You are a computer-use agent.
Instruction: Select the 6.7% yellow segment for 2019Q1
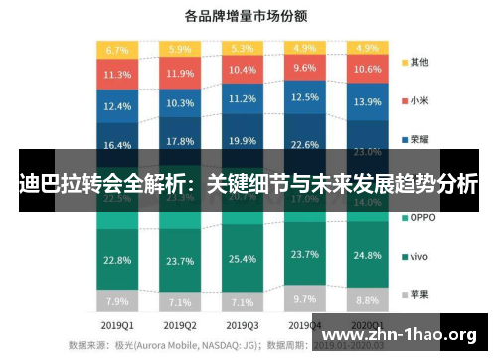117,49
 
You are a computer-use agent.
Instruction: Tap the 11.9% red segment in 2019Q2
180,73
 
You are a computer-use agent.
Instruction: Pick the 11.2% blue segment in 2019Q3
242,99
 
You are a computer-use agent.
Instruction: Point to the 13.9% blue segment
366,102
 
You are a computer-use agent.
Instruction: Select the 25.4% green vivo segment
242,260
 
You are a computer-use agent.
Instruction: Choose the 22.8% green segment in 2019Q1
117,260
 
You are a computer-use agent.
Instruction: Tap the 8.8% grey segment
366,299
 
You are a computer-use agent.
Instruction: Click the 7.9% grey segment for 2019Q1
117,300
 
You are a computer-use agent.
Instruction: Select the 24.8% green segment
366,256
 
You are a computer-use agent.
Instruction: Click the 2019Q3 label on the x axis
242,325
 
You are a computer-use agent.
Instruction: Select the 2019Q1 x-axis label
117,325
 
